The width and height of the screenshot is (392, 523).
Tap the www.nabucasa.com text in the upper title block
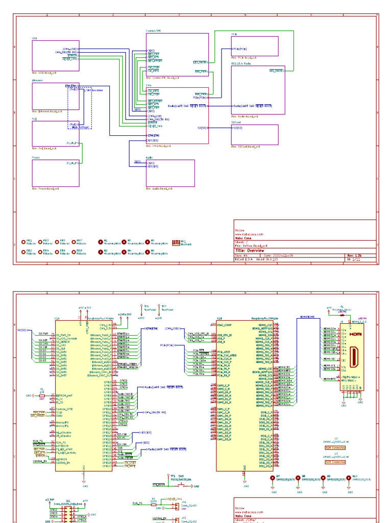pos(249,234)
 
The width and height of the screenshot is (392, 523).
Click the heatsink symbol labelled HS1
pos(176,242)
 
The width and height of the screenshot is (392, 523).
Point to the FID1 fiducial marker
pos(23,242)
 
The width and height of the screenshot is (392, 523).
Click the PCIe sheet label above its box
pos(234,34)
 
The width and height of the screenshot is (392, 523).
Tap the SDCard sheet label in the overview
pos(236,123)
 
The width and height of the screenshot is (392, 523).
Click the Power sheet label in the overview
pos(36,158)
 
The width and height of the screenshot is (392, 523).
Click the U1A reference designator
pos(57,318)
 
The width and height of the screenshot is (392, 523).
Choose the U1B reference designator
pos(219,318)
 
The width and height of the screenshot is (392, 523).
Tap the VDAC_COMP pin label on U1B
pos(225,324)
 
